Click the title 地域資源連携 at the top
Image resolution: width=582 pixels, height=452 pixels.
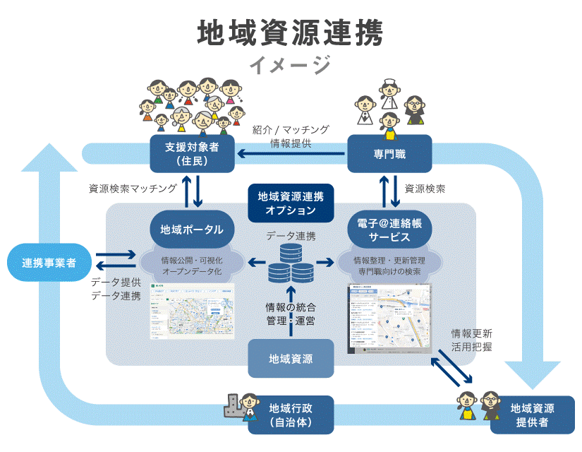(291, 33)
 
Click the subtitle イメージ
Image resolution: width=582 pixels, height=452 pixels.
(291, 66)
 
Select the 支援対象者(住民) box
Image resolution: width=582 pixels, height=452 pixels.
(192, 154)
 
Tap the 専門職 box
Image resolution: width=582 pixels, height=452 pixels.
(389, 154)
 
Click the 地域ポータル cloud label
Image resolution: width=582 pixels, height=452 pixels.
(192, 230)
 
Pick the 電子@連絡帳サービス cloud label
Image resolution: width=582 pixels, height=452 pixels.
(389, 230)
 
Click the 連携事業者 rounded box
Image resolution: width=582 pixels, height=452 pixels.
(49, 263)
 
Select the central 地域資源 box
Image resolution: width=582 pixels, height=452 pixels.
(291, 358)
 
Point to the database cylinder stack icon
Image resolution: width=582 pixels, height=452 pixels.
(291, 262)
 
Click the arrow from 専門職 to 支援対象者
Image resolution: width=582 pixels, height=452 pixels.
(291, 154)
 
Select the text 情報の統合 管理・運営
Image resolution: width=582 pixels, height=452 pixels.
(291, 314)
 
